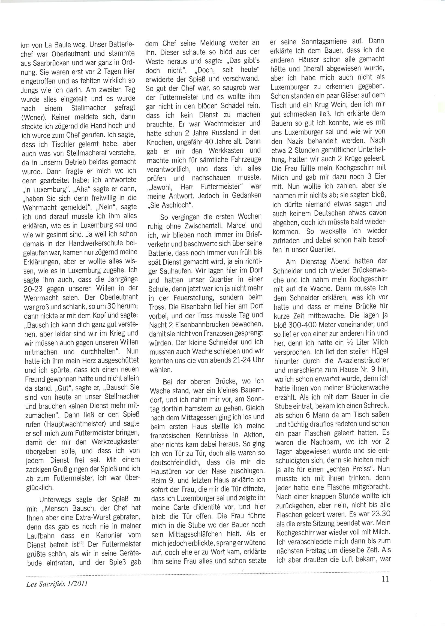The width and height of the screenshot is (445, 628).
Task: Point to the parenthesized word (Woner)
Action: (x=33, y=117)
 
